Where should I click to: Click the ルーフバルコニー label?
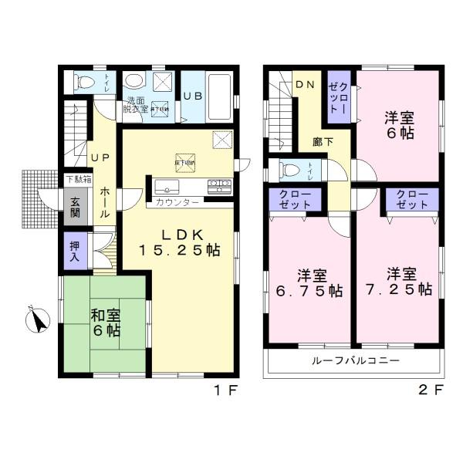pyautogui.click(x=355, y=360)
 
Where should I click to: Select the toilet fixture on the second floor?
pyautogui.click(x=292, y=170)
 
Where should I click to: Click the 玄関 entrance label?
pyautogui.click(x=76, y=209)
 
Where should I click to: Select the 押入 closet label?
pyautogui.click(x=75, y=252)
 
